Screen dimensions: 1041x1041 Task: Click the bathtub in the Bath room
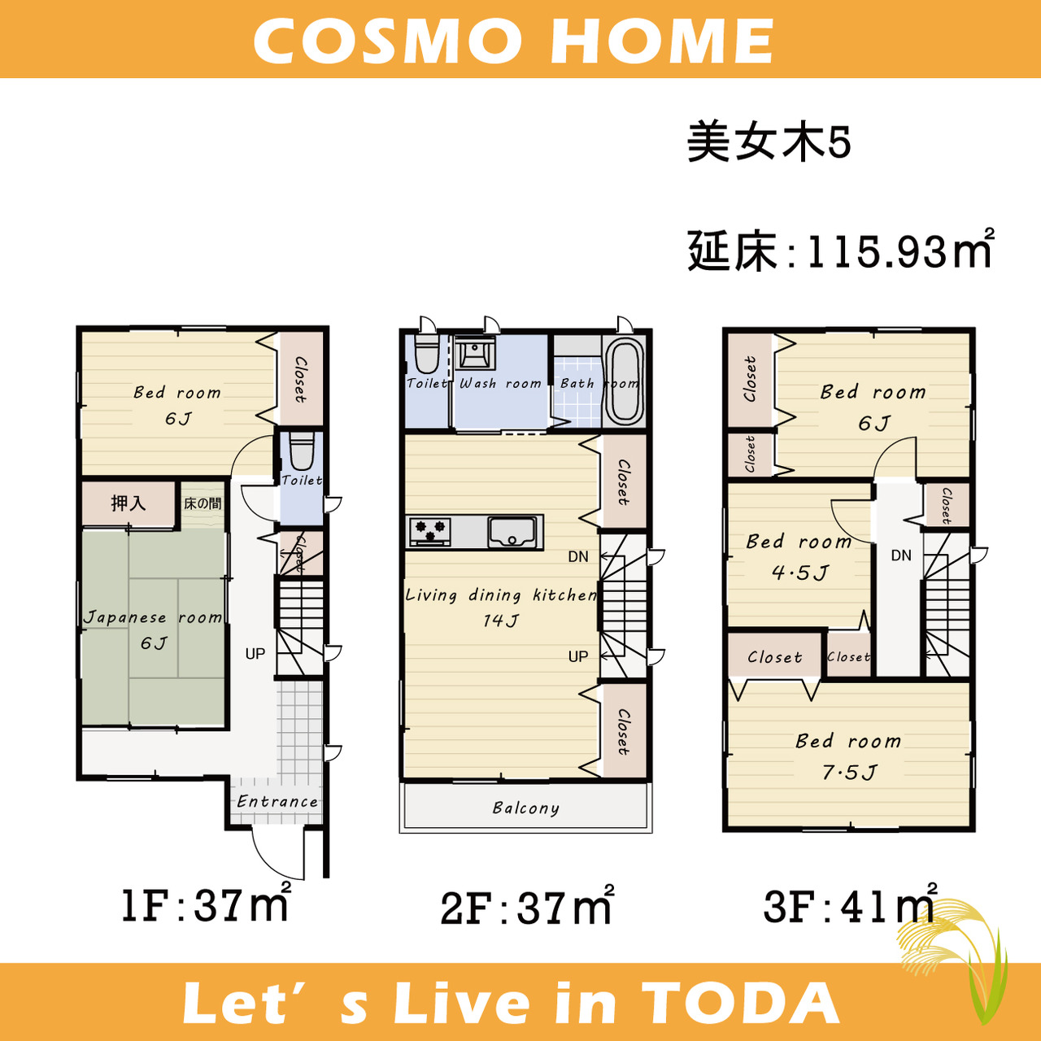click(x=624, y=381)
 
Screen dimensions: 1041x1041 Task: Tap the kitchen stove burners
click(x=430, y=532)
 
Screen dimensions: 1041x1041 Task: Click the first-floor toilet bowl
click(x=302, y=451)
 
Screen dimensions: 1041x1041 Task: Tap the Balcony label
click(x=525, y=808)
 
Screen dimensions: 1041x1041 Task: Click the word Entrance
click(x=277, y=801)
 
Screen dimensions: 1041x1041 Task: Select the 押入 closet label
click(x=128, y=503)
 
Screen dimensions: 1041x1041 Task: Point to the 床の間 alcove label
click(x=203, y=503)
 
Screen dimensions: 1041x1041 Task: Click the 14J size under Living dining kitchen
click(x=501, y=621)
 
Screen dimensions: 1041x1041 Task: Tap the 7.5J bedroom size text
click(x=849, y=773)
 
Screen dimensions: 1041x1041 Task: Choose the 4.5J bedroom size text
click(x=800, y=572)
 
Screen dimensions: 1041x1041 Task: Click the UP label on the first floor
click(x=255, y=654)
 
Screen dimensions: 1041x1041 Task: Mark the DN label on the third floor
click(x=901, y=555)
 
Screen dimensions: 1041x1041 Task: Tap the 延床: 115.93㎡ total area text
click(x=841, y=250)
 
